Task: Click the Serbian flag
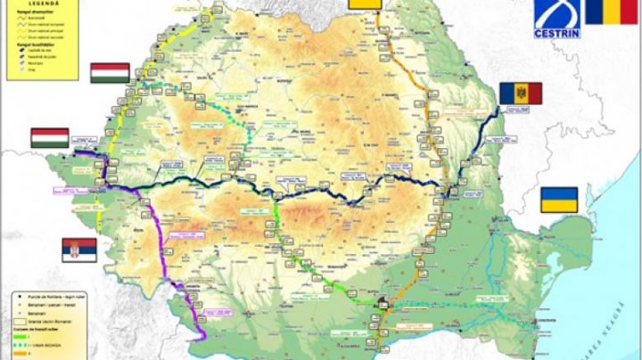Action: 78,250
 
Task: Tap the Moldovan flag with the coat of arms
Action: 514,93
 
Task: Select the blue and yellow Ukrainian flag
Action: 559,200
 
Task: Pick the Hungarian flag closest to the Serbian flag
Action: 50,138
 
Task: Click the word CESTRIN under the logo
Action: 558,33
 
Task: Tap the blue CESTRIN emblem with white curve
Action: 558,13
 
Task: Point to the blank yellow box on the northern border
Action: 365,4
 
